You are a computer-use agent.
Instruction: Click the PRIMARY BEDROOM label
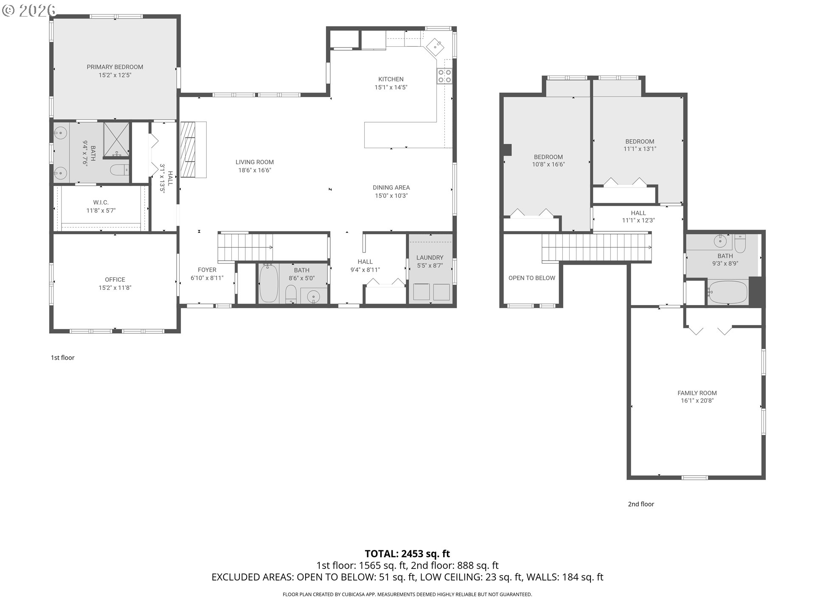(x=115, y=67)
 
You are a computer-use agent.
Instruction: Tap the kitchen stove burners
(x=444, y=76)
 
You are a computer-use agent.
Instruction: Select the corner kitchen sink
(x=435, y=46)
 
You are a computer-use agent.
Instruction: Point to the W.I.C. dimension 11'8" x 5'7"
(x=101, y=210)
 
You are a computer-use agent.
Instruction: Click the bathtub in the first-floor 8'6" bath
(x=268, y=283)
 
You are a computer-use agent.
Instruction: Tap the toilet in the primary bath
(x=119, y=170)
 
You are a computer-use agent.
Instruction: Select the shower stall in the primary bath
(x=116, y=138)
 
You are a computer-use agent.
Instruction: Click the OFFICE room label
(x=115, y=280)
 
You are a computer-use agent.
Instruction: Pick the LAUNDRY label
(x=430, y=258)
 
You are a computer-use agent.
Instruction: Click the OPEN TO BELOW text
(x=531, y=278)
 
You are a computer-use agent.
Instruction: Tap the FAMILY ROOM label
(x=697, y=393)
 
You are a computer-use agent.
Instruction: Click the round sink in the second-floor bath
(x=720, y=241)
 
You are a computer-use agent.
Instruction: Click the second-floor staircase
(x=596, y=247)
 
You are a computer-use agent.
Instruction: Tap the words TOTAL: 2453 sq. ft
(x=407, y=554)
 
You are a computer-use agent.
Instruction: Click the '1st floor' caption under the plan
(x=62, y=358)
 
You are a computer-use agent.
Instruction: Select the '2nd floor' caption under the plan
(x=641, y=504)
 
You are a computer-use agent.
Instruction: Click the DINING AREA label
(x=391, y=188)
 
